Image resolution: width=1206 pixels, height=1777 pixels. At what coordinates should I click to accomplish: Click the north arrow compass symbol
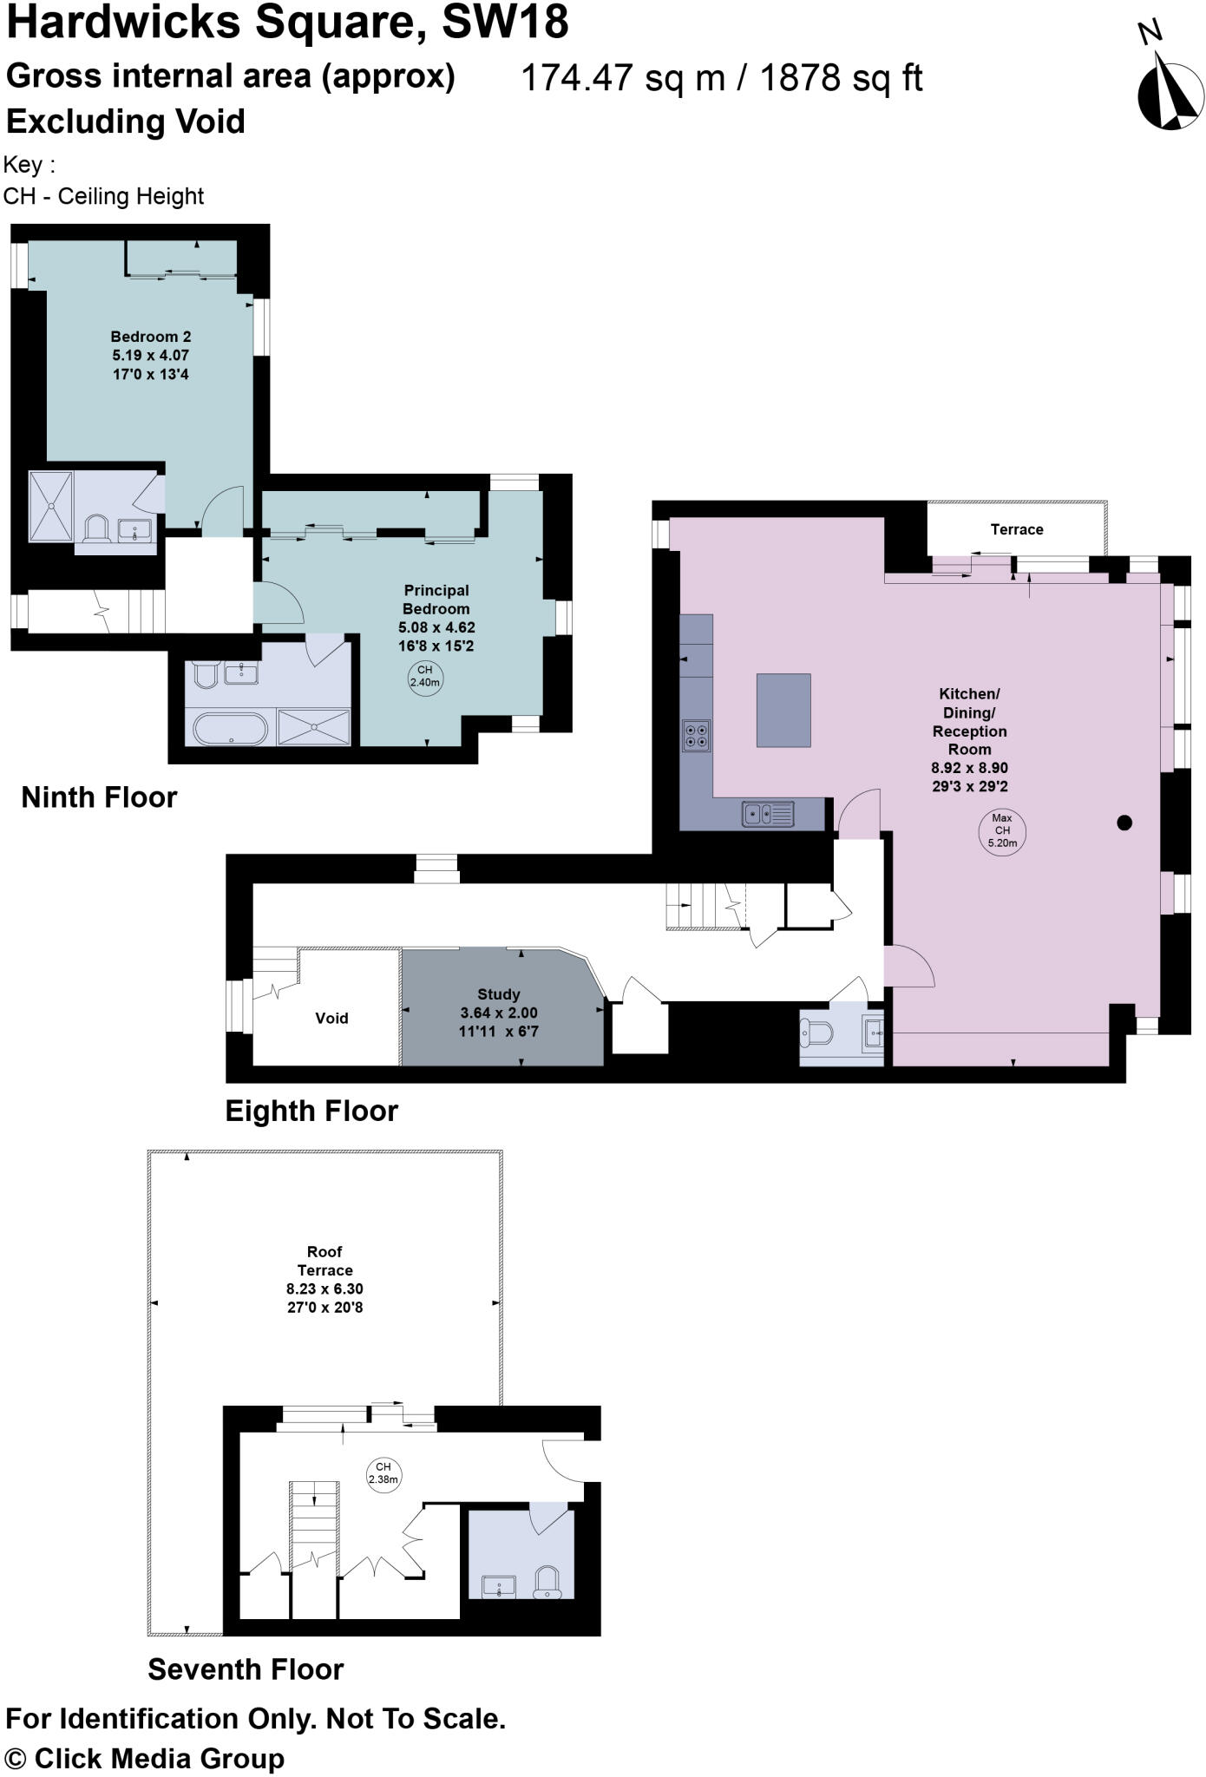point(1170,89)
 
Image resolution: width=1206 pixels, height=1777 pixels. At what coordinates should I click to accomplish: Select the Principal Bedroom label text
point(436,600)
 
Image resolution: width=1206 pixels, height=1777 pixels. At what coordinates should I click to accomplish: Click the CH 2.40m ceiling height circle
point(425,676)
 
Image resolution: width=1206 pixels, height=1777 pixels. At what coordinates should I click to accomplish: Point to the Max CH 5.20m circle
point(1001,830)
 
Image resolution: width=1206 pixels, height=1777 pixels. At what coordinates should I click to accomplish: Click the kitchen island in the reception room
point(783,710)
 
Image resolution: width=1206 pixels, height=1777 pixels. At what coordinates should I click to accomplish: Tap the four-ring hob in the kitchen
point(696,735)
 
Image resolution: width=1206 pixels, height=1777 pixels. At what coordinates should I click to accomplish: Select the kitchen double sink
point(768,814)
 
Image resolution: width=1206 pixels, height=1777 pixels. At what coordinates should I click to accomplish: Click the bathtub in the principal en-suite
point(230,728)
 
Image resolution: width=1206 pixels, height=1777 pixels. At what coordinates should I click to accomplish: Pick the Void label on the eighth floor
point(331,1018)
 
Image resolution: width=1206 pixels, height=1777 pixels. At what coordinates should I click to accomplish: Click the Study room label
point(499,994)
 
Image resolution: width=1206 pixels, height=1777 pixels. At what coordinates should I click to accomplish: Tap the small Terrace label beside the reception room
point(1017,529)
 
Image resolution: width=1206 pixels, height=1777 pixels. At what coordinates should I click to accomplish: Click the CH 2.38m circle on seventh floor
point(383,1473)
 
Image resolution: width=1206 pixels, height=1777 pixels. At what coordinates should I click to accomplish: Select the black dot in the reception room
point(1124,823)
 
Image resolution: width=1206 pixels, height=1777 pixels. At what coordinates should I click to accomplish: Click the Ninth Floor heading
point(99,797)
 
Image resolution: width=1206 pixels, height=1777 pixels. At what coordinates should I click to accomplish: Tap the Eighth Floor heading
point(311,1111)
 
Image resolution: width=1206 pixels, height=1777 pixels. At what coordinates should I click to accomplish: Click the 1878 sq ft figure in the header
point(841,78)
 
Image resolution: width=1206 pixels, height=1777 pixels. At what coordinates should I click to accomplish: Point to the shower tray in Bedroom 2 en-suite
point(51,505)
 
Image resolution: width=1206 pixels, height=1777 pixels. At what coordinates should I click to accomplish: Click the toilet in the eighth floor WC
point(817,1033)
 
